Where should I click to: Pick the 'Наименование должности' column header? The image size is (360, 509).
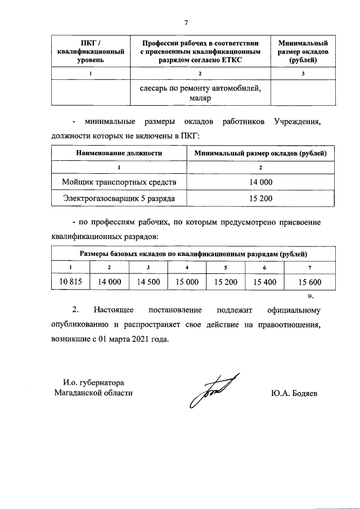[119, 152]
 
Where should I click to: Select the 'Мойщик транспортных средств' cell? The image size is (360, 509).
[119, 182]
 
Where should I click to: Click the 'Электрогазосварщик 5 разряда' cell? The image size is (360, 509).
[119, 198]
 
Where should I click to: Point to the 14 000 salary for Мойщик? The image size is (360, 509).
[260, 182]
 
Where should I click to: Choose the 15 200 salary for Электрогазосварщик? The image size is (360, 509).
[260, 198]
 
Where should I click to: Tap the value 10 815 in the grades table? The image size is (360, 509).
[70, 282]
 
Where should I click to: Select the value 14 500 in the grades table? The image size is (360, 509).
[148, 282]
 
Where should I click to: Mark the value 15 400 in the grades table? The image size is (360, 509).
[264, 282]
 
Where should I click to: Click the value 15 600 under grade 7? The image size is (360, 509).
[309, 282]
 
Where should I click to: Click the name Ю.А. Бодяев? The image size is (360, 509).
[294, 393]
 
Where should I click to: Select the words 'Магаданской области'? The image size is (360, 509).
[93, 393]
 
